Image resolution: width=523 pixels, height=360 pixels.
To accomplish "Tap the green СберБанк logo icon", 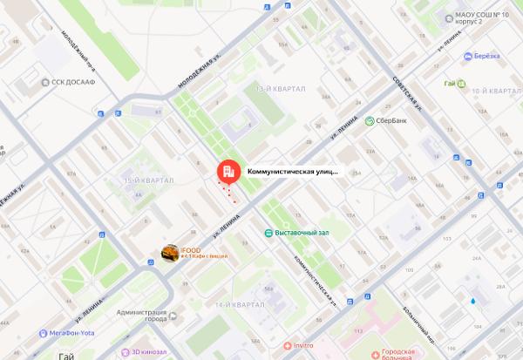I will (x=370, y=121).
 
